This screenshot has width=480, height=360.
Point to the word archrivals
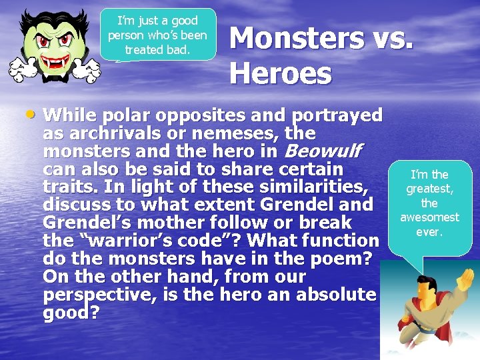click(x=116, y=134)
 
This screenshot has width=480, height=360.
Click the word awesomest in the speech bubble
click(x=429, y=217)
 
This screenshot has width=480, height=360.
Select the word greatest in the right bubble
click(x=429, y=189)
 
